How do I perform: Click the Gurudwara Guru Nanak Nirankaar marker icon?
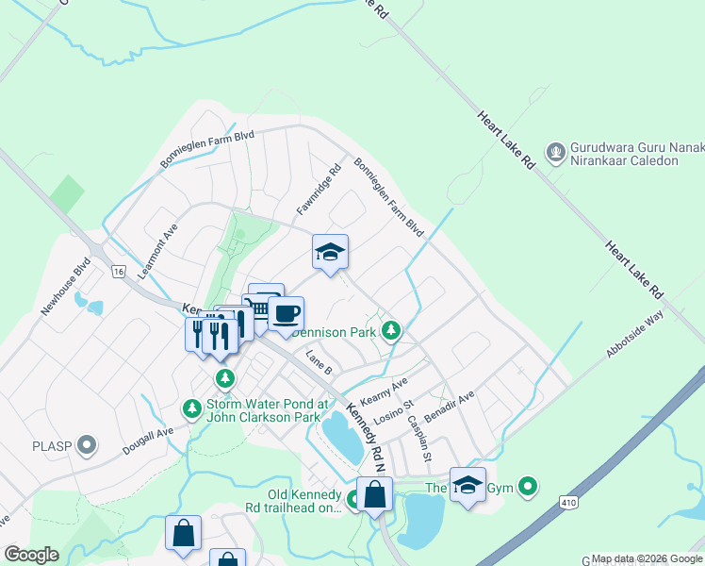tap(555, 152)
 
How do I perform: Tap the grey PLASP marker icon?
tap(88, 444)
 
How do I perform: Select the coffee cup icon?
tap(286, 313)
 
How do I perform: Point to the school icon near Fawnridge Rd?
tap(330, 252)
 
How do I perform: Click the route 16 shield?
tap(118, 272)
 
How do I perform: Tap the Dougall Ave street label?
tap(148, 440)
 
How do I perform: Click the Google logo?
tap(30, 555)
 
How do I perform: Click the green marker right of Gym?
tap(529, 487)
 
